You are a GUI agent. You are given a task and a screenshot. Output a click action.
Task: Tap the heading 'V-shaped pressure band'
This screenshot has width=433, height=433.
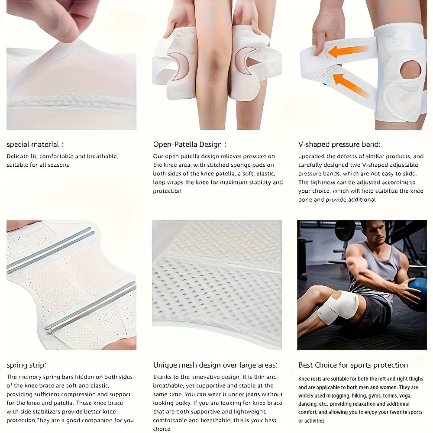[339, 145]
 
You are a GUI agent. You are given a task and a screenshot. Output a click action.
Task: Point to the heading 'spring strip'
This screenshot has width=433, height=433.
[26, 365]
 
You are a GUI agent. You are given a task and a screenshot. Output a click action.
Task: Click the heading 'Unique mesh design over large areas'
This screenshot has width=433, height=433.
[215, 365]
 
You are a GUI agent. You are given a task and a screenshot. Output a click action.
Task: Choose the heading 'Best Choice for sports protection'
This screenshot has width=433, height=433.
[353, 365]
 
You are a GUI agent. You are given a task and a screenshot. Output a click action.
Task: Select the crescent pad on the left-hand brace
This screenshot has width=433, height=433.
[179, 66]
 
